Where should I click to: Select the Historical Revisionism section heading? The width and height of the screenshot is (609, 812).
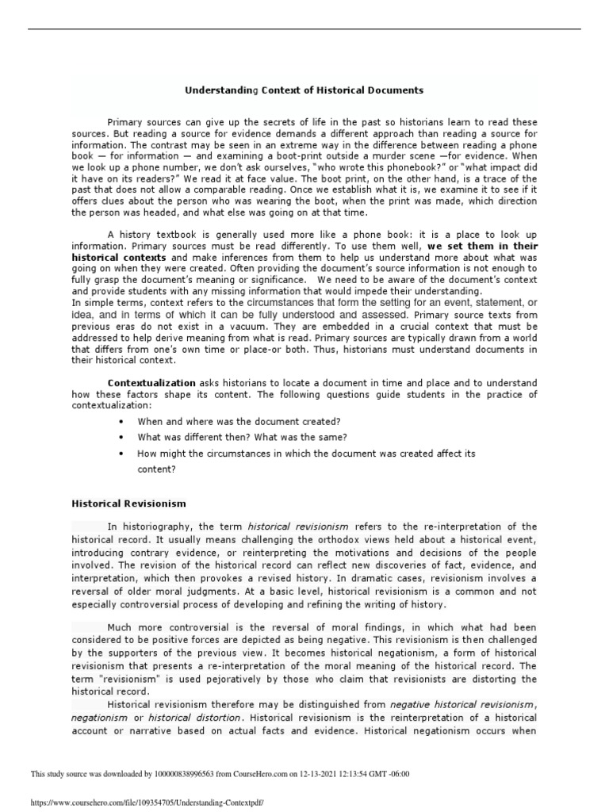(128, 503)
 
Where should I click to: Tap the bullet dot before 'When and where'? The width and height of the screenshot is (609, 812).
(121, 422)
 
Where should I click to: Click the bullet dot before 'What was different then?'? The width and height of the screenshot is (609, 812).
(121, 438)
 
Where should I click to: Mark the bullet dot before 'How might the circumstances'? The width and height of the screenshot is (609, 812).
(121, 454)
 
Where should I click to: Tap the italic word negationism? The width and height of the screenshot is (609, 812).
(100, 718)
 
